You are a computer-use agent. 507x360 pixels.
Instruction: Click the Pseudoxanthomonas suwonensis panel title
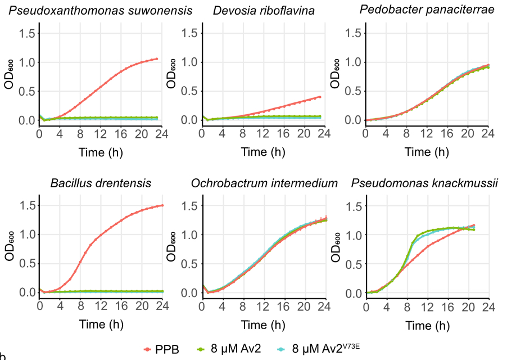(101, 11)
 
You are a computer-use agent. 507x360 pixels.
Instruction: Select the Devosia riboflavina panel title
(264, 11)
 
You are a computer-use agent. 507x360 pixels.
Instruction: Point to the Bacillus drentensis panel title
(101, 183)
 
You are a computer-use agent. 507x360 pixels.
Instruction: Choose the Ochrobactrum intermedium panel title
(264, 183)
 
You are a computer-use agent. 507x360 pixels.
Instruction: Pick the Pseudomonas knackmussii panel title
(425, 183)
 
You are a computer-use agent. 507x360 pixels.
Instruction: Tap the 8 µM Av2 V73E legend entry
(326, 348)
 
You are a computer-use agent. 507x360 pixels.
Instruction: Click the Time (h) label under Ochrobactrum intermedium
(264, 325)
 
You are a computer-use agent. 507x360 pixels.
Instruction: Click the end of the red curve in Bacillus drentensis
(162, 205)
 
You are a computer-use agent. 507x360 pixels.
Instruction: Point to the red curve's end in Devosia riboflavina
(320, 97)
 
